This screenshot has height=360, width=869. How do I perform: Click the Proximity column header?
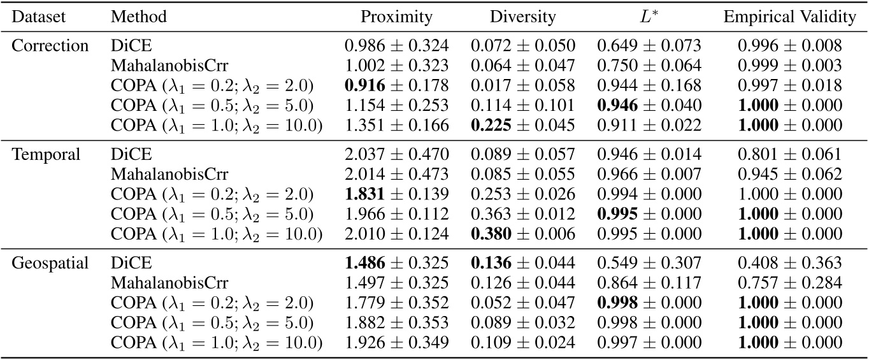[x=396, y=17]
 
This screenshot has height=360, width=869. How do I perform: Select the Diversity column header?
[x=522, y=17]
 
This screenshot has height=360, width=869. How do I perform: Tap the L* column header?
[x=649, y=17]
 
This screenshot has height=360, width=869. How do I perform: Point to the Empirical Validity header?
[x=789, y=17]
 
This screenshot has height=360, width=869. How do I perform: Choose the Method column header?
[x=138, y=17]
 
